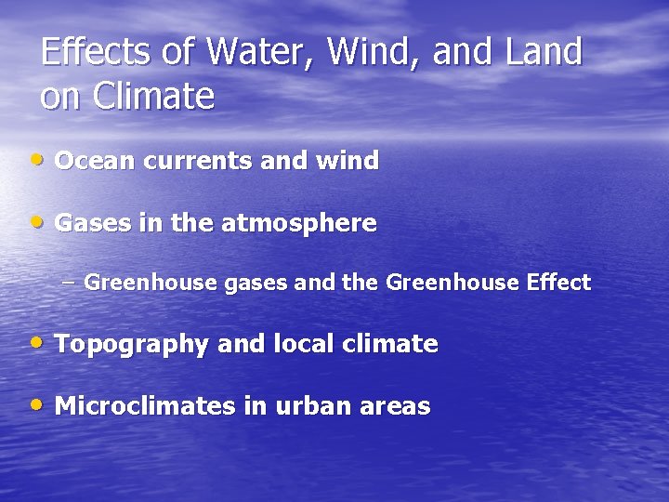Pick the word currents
[194, 161]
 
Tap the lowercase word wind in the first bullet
[347, 161]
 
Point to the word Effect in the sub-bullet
[557, 283]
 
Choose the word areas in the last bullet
[397, 406]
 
